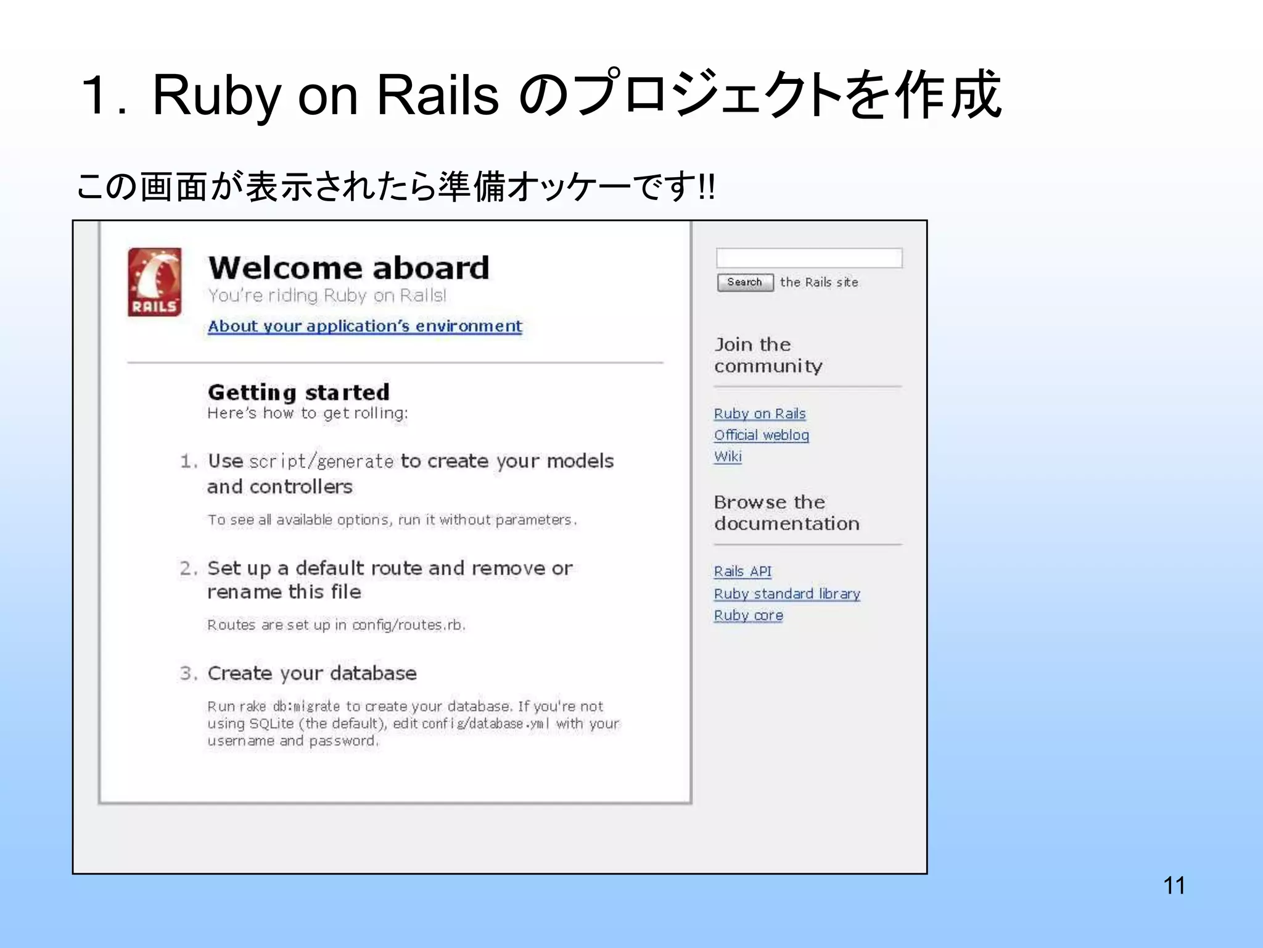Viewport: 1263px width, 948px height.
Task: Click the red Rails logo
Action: point(155,282)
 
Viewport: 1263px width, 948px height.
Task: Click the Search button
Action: point(745,282)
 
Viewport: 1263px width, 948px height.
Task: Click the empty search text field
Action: point(809,258)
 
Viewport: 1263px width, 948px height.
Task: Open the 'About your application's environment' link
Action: point(364,326)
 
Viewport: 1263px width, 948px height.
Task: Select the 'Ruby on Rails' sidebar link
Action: point(760,414)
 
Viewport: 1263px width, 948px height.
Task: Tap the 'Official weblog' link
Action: point(762,435)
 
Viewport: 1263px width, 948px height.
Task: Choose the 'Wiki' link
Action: point(728,457)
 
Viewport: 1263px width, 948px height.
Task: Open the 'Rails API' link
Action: point(743,572)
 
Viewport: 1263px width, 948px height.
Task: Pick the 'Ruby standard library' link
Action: point(787,594)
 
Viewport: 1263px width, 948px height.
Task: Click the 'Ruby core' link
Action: point(749,615)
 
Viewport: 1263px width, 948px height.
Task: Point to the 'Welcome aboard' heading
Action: point(348,268)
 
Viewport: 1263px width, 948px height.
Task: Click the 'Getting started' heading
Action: point(298,393)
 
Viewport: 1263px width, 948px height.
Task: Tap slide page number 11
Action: point(1174,886)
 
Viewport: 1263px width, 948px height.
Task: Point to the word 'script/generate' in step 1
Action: point(321,462)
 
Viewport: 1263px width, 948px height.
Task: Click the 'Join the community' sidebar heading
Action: point(768,355)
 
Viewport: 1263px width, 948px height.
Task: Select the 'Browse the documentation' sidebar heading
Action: point(787,513)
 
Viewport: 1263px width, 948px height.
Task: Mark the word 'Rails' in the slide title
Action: point(437,96)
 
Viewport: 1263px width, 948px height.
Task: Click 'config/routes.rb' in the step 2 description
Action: point(408,625)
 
